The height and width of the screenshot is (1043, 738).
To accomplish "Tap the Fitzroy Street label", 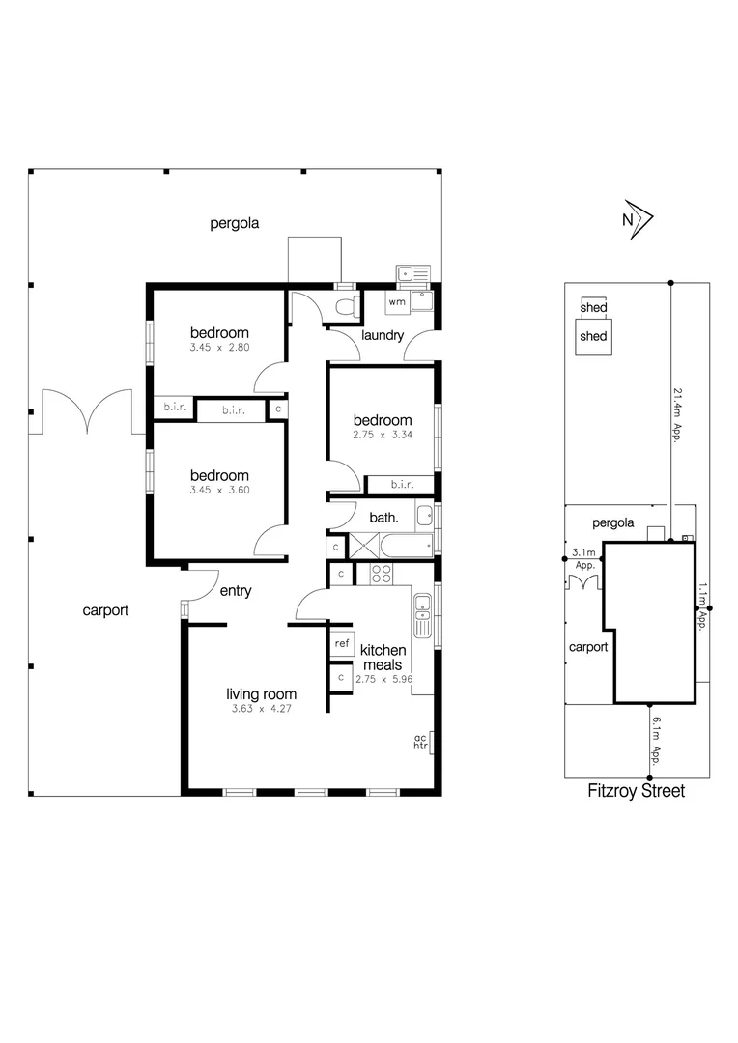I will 637,791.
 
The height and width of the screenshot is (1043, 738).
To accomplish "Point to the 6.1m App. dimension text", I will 656,741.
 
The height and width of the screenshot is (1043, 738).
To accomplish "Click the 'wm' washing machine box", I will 397,302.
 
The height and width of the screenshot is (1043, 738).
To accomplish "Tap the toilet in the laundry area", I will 345,306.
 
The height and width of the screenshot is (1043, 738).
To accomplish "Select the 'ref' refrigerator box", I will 342,643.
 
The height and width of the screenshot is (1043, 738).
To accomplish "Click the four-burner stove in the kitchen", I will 382,575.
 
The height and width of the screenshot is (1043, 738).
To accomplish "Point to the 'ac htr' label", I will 420,741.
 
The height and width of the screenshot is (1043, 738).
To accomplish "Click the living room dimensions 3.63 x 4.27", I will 261,709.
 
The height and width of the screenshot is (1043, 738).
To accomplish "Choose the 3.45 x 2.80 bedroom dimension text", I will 219,348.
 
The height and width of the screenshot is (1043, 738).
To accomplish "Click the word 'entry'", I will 236,591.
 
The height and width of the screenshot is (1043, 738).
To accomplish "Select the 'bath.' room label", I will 383,518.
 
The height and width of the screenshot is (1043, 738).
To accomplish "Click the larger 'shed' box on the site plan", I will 593,337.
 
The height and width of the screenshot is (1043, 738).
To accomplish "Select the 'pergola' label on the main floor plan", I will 235,224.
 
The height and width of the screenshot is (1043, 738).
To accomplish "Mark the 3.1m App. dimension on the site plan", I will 583,558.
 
